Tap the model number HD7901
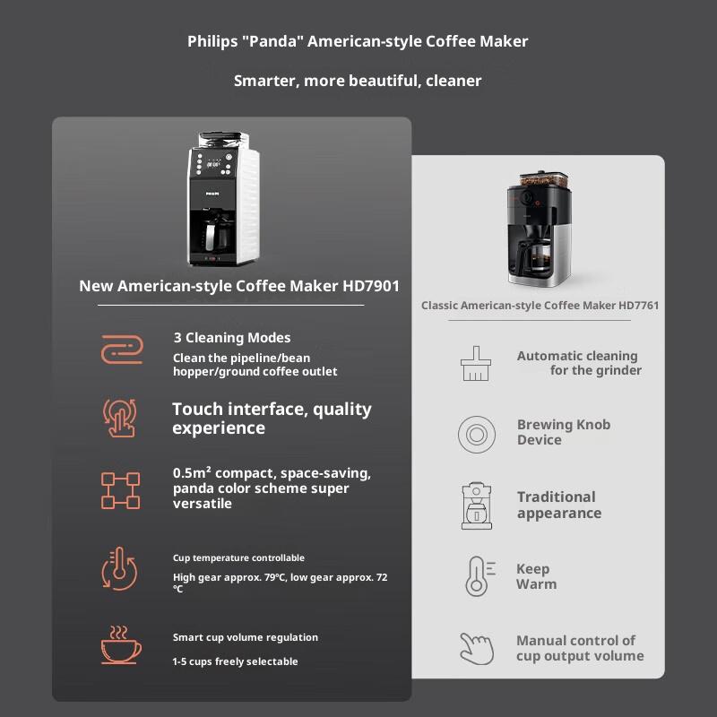point(367,286)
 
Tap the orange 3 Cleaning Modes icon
point(120,349)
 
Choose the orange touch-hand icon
point(120,418)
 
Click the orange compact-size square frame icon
point(120,489)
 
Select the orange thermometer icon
point(120,569)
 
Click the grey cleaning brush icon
point(475,363)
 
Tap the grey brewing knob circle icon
point(476,434)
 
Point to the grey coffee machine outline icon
point(476,505)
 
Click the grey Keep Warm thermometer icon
point(476,576)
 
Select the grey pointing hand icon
point(476,648)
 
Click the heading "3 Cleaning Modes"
point(232,338)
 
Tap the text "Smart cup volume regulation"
point(245,637)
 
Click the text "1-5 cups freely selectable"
point(235,661)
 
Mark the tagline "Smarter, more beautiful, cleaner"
point(358,81)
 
